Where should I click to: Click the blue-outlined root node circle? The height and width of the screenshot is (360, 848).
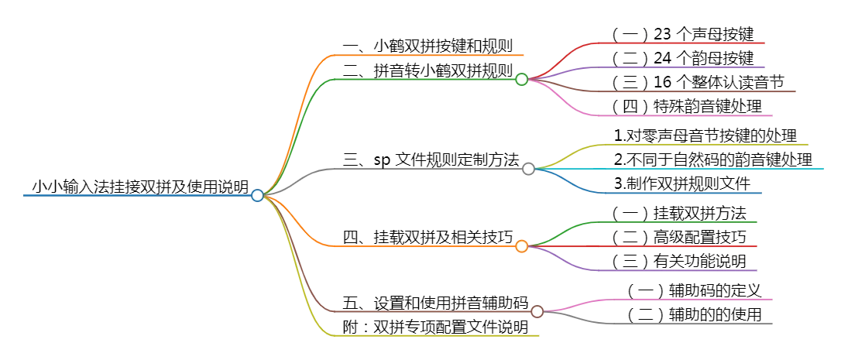[258, 195]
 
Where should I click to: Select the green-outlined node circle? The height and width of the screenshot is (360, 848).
[521, 79]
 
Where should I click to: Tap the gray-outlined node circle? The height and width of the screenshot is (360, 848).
[528, 169]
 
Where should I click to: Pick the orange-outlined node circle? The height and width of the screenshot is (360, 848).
[521, 246]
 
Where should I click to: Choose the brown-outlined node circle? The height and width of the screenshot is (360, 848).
[537, 311]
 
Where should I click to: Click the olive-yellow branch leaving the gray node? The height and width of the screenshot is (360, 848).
[697, 146]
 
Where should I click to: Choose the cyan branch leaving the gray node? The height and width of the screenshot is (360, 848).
[697, 170]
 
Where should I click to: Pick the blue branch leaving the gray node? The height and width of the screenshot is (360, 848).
[681, 194]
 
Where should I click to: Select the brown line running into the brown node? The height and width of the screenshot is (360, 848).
[426, 312]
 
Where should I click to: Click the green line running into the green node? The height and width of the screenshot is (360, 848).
[426, 78]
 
